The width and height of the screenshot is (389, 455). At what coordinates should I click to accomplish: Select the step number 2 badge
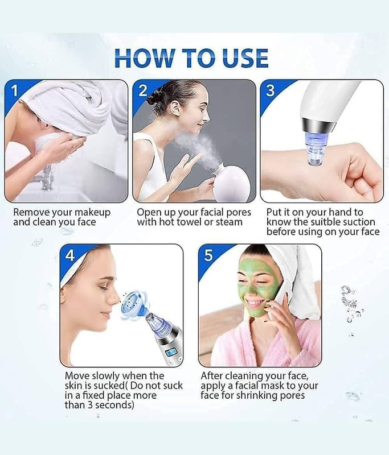(x=142, y=90)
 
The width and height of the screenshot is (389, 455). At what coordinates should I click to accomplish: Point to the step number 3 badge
(x=270, y=90)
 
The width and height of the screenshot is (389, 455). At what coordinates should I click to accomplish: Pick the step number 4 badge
(x=70, y=255)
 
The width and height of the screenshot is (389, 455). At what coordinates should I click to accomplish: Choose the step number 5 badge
(x=208, y=255)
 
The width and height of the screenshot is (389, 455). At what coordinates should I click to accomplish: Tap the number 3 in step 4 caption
(x=90, y=405)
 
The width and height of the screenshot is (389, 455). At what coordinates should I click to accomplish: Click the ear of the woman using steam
(x=175, y=109)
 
